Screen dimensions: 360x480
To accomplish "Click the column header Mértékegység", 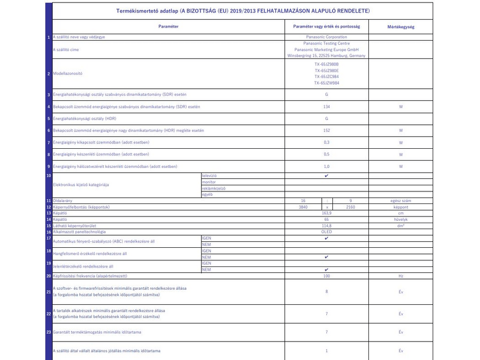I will tap(400, 27).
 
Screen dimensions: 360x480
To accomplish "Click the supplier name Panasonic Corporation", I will tap(326, 37).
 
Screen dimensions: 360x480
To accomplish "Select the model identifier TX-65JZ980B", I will tap(326, 64).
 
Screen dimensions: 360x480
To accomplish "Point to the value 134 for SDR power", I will tap(326, 107).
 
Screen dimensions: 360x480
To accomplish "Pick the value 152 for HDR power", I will tap(326, 130).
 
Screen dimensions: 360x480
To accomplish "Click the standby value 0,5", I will tap(326, 154).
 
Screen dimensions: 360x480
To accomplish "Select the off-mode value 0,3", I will tap(326, 142).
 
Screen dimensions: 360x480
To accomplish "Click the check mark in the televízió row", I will tap(326, 175).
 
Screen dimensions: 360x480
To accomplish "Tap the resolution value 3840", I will tap(302, 206).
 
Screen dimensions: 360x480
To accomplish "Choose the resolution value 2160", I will tap(351, 206).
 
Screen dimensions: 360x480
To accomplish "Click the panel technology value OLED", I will tap(326, 232).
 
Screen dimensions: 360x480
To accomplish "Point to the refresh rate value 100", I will tap(326, 275).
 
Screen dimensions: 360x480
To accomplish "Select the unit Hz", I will tap(400, 275).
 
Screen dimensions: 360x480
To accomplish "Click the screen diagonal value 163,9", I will tap(326, 213).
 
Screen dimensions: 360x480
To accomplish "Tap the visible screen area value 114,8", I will tap(326, 226).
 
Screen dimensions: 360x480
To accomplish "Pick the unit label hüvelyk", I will tap(400, 219).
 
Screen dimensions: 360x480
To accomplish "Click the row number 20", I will tap(49, 275).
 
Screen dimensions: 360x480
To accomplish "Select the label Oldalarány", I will tap(64, 200).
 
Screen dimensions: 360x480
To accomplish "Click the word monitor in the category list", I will tap(209, 181).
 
